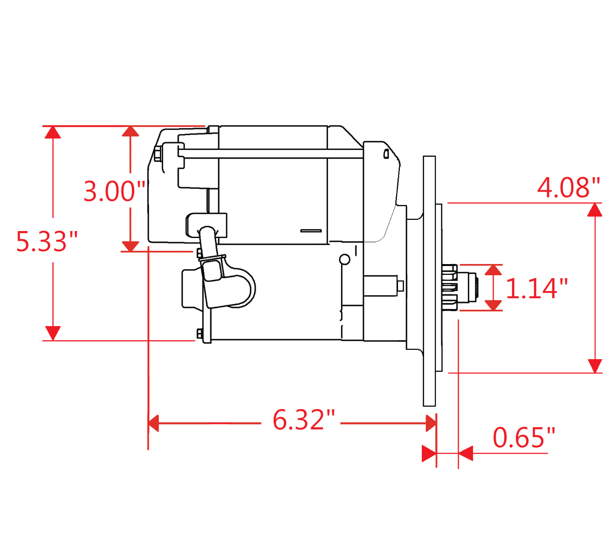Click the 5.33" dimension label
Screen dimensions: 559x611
point(47,241)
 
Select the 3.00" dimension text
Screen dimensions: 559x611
point(115,191)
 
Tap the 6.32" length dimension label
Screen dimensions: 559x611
point(303,420)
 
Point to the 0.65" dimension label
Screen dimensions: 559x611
point(524,438)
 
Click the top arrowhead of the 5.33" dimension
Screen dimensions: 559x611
point(53,132)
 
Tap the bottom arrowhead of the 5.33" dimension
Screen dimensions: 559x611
point(53,333)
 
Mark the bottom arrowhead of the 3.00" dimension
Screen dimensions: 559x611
point(130,246)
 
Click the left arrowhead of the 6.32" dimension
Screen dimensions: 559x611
point(154,424)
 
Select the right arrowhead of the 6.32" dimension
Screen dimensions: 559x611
point(431,424)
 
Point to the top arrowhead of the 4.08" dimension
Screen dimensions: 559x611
point(595,210)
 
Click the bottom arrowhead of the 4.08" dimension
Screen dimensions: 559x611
point(595,366)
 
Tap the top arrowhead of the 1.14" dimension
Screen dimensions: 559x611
point(494,270)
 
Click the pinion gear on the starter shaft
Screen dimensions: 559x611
point(451,287)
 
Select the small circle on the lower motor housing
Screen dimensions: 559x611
point(344,259)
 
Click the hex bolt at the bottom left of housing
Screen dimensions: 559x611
point(199,334)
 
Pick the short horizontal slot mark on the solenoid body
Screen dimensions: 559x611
point(311,231)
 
